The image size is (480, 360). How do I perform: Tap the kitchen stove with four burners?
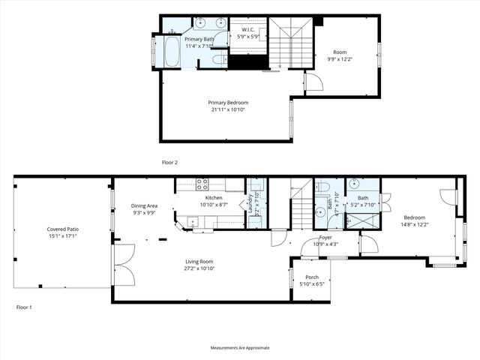(202, 183)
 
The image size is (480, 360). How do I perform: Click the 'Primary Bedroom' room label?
(227, 103)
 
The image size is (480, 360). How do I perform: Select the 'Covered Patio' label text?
(63, 229)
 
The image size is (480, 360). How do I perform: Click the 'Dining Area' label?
(144, 205)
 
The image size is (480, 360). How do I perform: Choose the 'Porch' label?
(311, 277)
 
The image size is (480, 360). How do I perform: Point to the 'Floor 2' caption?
(170, 162)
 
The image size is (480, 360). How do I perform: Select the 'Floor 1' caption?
(24, 307)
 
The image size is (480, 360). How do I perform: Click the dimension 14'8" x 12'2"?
(414, 223)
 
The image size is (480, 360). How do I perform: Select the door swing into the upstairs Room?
(313, 82)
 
